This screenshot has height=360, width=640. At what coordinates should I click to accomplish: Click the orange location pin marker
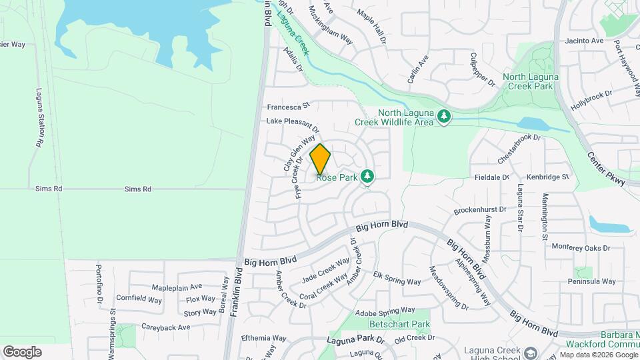point(320,159)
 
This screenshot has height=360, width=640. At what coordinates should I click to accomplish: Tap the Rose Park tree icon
point(366,176)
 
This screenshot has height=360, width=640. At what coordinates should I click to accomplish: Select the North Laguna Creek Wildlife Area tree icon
point(444,117)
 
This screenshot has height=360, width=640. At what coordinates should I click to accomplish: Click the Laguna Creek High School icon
point(531,352)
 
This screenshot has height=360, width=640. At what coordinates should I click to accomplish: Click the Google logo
point(22,351)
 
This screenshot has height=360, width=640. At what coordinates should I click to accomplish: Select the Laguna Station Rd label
point(39,119)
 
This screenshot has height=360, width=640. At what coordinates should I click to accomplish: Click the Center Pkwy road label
point(601,169)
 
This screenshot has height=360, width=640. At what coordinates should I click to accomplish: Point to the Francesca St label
point(289,106)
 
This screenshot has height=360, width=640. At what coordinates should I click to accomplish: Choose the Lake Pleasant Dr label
point(293,124)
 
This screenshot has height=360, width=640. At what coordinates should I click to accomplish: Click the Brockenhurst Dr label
point(479,210)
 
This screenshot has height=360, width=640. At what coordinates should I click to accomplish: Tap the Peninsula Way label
point(596,281)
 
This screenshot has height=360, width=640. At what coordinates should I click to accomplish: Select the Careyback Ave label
point(166,327)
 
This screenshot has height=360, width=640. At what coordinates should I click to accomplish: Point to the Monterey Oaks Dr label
point(581,247)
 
